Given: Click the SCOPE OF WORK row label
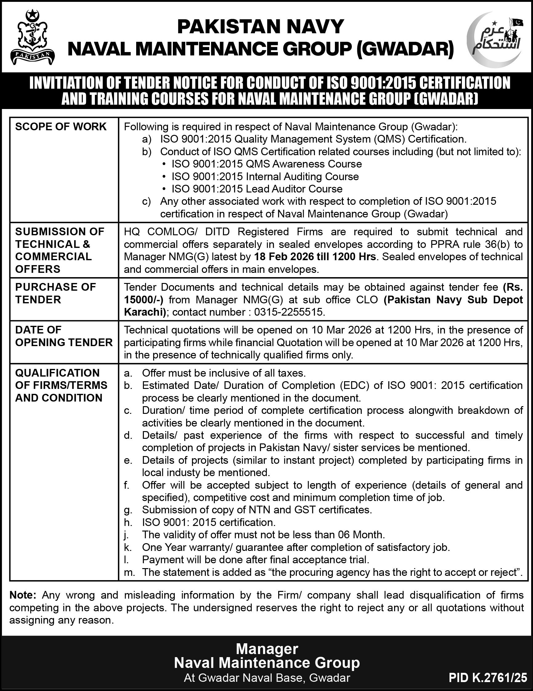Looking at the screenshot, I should click(x=61, y=127).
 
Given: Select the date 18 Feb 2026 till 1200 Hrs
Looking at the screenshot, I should click(x=315, y=257).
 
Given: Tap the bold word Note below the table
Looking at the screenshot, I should click(x=23, y=595).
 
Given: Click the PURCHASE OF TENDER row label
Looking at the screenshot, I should click(x=55, y=293).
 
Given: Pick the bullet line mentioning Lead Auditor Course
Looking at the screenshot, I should click(x=257, y=189).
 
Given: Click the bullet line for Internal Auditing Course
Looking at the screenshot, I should click(x=265, y=176).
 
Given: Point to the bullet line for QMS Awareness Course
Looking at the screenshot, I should click(x=267, y=164).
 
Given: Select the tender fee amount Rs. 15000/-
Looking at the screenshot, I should click(x=323, y=293).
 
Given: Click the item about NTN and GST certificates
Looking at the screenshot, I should click(x=257, y=510).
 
